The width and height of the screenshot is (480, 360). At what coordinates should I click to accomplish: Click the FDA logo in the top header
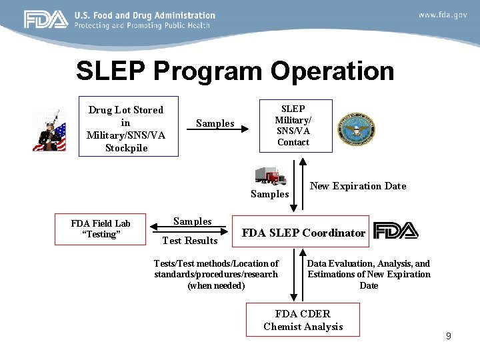[x=46, y=19]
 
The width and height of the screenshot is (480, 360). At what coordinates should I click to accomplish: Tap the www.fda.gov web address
[x=442, y=15]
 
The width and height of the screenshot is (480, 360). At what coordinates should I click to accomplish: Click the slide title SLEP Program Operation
[x=235, y=71]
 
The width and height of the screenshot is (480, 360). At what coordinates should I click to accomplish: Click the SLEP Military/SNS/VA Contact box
[x=293, y=125]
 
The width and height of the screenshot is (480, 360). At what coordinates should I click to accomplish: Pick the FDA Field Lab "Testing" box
[x=101, y=229]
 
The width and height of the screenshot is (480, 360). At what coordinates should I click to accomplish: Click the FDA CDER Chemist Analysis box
[x=303, y=319]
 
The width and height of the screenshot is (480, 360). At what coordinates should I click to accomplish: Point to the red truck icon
[x=270, y=175]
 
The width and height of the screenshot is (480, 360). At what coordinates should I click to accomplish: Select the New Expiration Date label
[x=358, y=186]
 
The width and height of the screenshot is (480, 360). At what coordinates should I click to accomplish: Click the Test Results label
[x=190, y=241]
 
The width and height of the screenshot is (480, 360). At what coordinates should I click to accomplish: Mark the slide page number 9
[x=449, y=336]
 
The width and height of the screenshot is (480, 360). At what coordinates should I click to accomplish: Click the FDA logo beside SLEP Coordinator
[x=396, y=231]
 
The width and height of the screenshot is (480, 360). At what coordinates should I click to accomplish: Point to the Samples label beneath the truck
[x=269, y=194]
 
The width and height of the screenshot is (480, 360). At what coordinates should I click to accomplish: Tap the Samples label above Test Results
[x=193, y=221]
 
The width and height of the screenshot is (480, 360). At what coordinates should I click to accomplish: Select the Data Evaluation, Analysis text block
[x=369, y=274]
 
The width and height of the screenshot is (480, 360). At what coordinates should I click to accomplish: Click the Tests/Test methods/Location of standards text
[x=216, y=274]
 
